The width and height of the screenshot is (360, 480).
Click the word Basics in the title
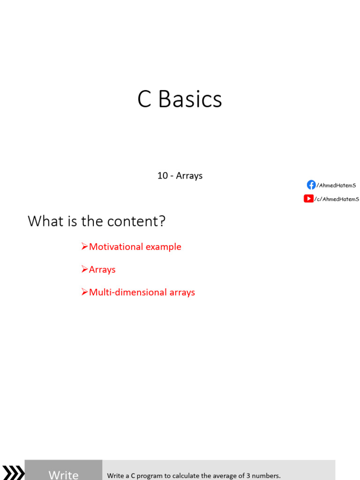click(190, 99)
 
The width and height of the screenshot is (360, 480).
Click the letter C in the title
click(144, 99)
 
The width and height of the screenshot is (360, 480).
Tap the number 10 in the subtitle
click(163, 176)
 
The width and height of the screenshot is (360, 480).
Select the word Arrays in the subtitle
click(189, 176)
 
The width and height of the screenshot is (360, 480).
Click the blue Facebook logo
click(311, 185)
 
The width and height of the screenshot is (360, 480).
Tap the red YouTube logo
click(308, 199)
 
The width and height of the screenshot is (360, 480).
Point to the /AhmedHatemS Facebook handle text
click(336, 185)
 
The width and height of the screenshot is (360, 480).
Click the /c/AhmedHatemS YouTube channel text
click(337, 199)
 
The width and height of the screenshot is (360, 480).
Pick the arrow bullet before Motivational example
click(85, 247)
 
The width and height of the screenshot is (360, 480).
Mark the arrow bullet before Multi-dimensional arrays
click(85, 292)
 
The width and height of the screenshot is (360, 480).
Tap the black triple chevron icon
click(14, 472)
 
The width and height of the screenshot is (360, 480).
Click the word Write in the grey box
click(63, 475)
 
